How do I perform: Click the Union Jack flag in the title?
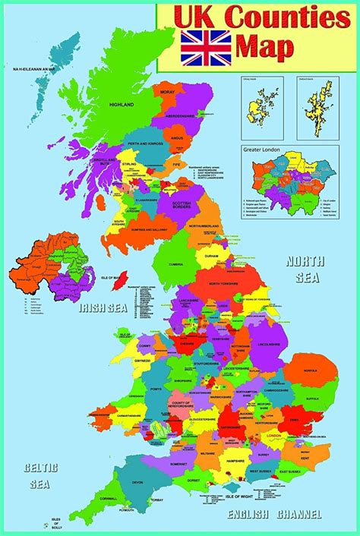205,47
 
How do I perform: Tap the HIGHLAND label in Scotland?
122,105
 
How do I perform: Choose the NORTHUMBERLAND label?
204,225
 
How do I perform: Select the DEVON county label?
137,482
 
